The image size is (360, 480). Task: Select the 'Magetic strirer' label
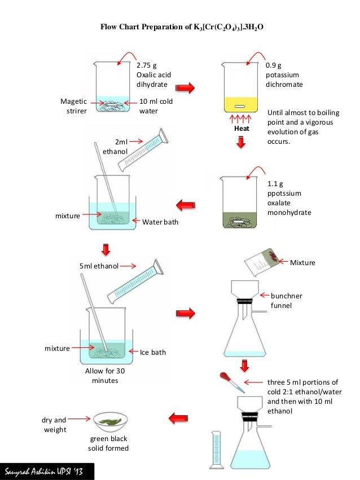click(x=73, y=107)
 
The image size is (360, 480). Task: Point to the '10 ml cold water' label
click(x=156, y=106)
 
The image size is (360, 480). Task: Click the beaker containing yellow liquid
click(x=239, y=90)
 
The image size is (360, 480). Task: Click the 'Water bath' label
click(x=160, y=222)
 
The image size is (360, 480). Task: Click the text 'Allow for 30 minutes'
click(x=104, y=376)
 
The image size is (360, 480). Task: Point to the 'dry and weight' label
click(x=54, y=425)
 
